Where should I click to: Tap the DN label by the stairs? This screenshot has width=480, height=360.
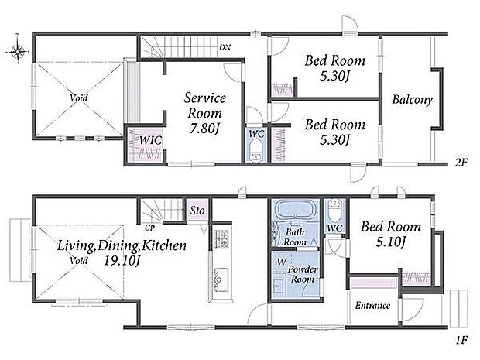225,47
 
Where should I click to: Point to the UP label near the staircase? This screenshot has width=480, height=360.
149,228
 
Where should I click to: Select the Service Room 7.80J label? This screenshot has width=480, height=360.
205,113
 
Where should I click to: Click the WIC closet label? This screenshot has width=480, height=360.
150,140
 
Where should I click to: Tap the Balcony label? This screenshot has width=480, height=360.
413,100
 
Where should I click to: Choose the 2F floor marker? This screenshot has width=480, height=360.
461,163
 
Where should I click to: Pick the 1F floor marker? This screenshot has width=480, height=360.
461,340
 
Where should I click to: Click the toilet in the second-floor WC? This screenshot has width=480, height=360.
255,151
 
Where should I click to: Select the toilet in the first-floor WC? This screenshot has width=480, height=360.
334,211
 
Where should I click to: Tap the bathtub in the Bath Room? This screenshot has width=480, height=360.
296,209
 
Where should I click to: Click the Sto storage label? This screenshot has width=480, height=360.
197,211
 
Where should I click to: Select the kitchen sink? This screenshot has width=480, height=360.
221,279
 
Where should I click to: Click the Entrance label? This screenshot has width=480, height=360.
372,306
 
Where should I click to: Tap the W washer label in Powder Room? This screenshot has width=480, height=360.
281,262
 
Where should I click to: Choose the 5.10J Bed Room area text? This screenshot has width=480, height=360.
391,242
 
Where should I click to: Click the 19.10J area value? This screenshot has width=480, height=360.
122,261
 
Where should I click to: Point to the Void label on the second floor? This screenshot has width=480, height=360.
79,98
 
